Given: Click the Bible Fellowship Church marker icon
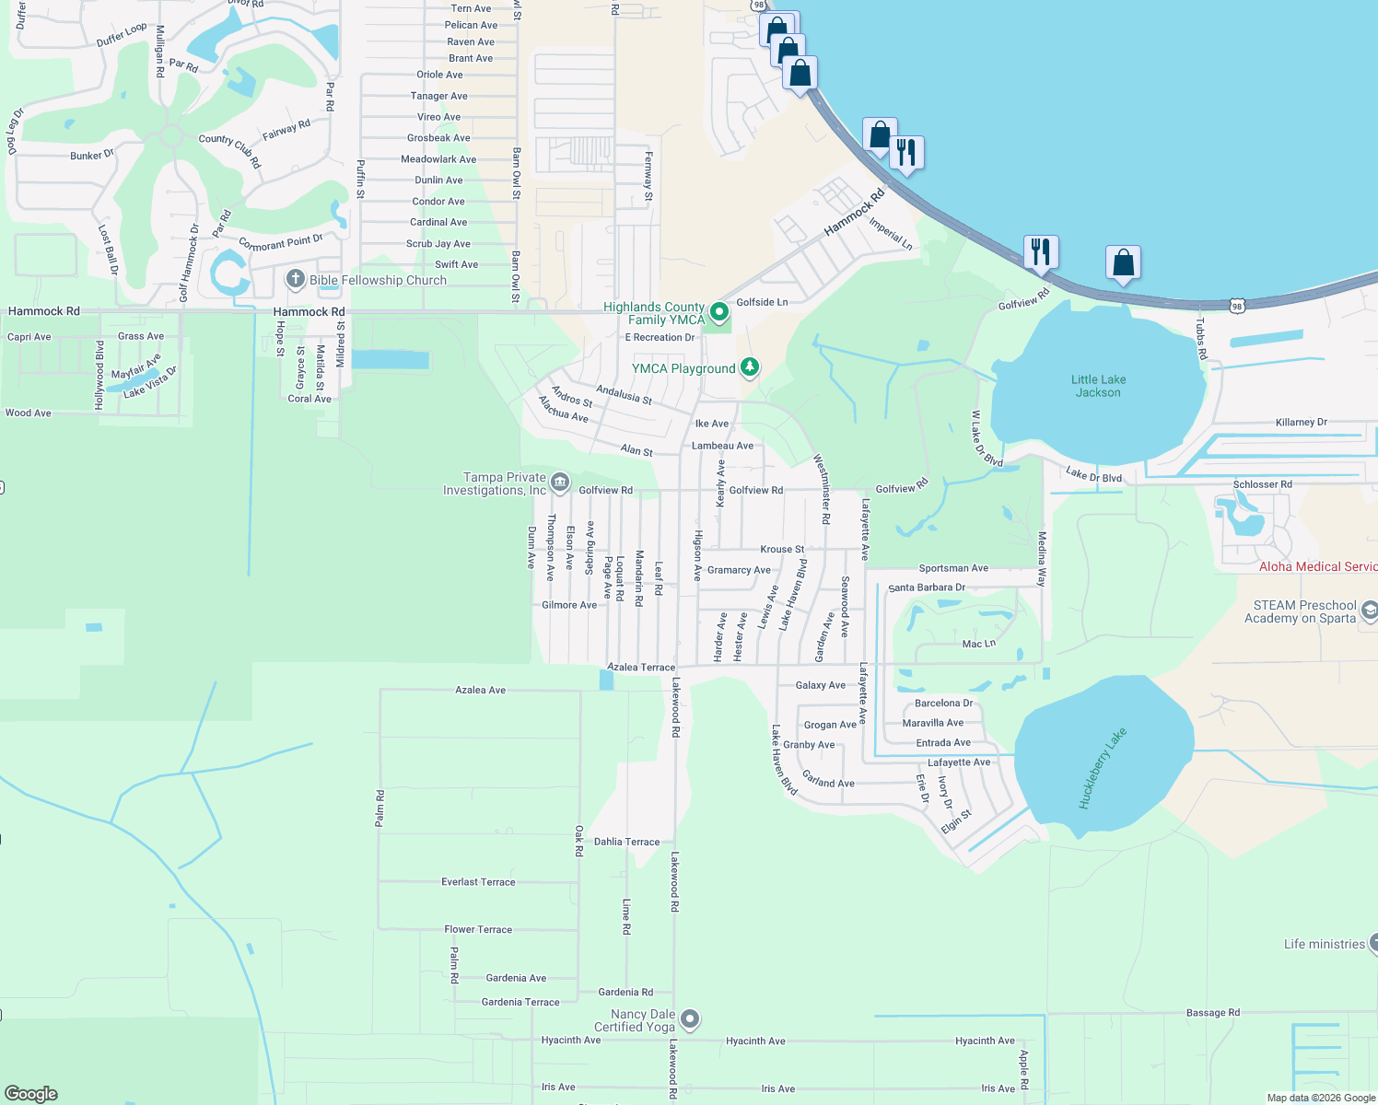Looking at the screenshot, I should point(295,279).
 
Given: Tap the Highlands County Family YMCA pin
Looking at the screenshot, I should point(719,312).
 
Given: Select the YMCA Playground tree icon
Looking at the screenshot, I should point(750,367).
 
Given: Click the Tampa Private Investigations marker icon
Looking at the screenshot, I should point(560,482).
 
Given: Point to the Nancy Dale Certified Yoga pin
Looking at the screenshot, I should point(690,1018).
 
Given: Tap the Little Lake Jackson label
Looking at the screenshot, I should point(1098,386).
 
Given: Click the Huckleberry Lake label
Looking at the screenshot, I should point(1102,769).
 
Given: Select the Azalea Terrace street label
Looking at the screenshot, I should point(641,667).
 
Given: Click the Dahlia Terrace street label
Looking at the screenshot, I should point(626,842).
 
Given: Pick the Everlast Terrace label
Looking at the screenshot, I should point(478,882).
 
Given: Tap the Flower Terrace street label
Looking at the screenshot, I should point(478,929).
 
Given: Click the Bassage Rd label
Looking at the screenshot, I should point(1212,1013).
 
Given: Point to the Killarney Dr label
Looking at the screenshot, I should point(1301,423).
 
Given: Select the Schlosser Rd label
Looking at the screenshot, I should point(1262,484).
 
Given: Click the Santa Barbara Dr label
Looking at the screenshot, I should point(927,587).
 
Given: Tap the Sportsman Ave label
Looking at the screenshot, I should point(953,568).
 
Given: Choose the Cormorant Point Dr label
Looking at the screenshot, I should point(281,243).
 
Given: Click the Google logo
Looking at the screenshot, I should point(31,1094).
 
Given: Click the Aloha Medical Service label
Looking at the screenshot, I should point(1318,566).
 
